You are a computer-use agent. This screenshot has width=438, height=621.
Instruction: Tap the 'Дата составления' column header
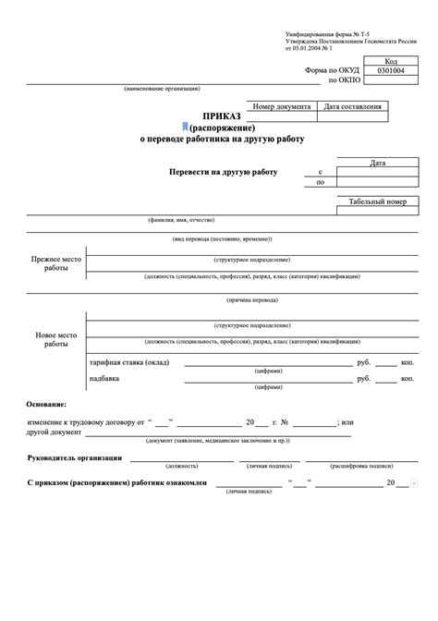352,107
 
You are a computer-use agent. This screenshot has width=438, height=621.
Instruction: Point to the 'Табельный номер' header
377,201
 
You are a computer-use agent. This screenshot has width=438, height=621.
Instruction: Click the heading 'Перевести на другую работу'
223,173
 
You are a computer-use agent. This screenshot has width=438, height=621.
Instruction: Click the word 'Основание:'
47,405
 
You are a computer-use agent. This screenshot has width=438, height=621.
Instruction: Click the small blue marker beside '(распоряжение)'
185,127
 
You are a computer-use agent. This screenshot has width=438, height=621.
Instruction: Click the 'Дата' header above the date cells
377,163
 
